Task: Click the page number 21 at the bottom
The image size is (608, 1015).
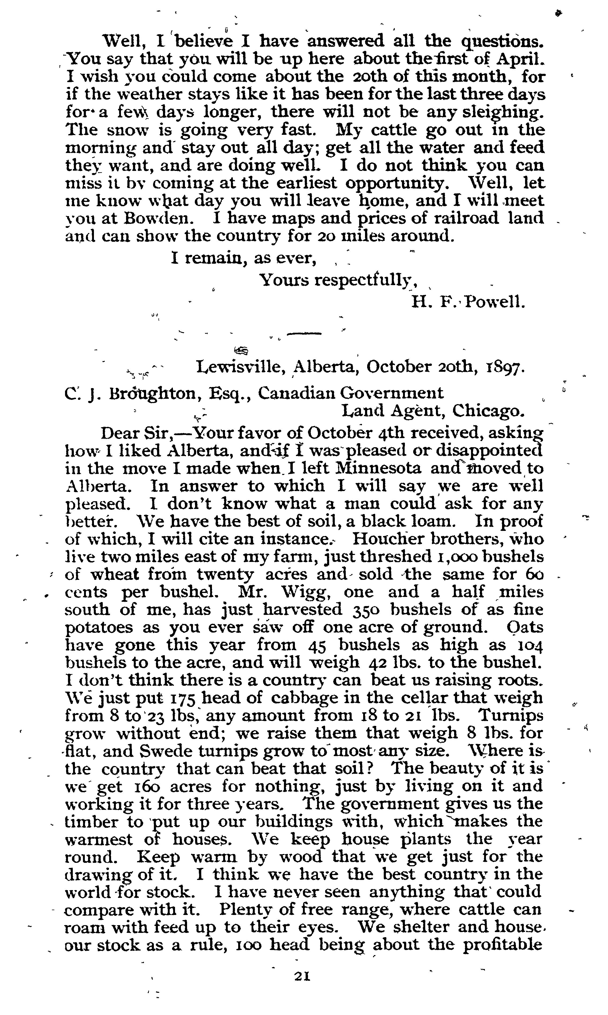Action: pyautogui.click(x=302, y=976)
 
